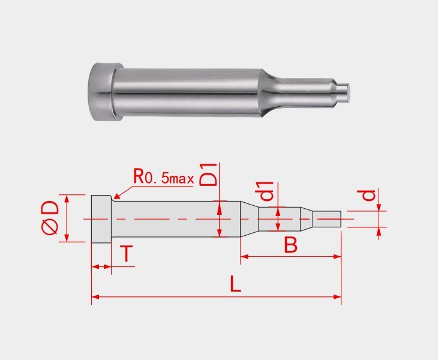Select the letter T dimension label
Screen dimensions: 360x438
pyautogui.click(x=126, y=254)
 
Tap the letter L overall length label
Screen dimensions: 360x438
pyautogui.click(x=236, y=284)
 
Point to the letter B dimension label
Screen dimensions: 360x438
pyautogui.click(x=290, y=245)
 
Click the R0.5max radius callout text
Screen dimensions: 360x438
pyautogui.click(x=163, y=178)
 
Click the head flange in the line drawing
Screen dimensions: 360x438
pyautogui.click(x=101, y=219)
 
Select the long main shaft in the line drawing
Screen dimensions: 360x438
pyautogui.click(x=174, y=219)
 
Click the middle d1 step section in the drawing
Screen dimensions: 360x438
pyautogui.click(x=279, y=219)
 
